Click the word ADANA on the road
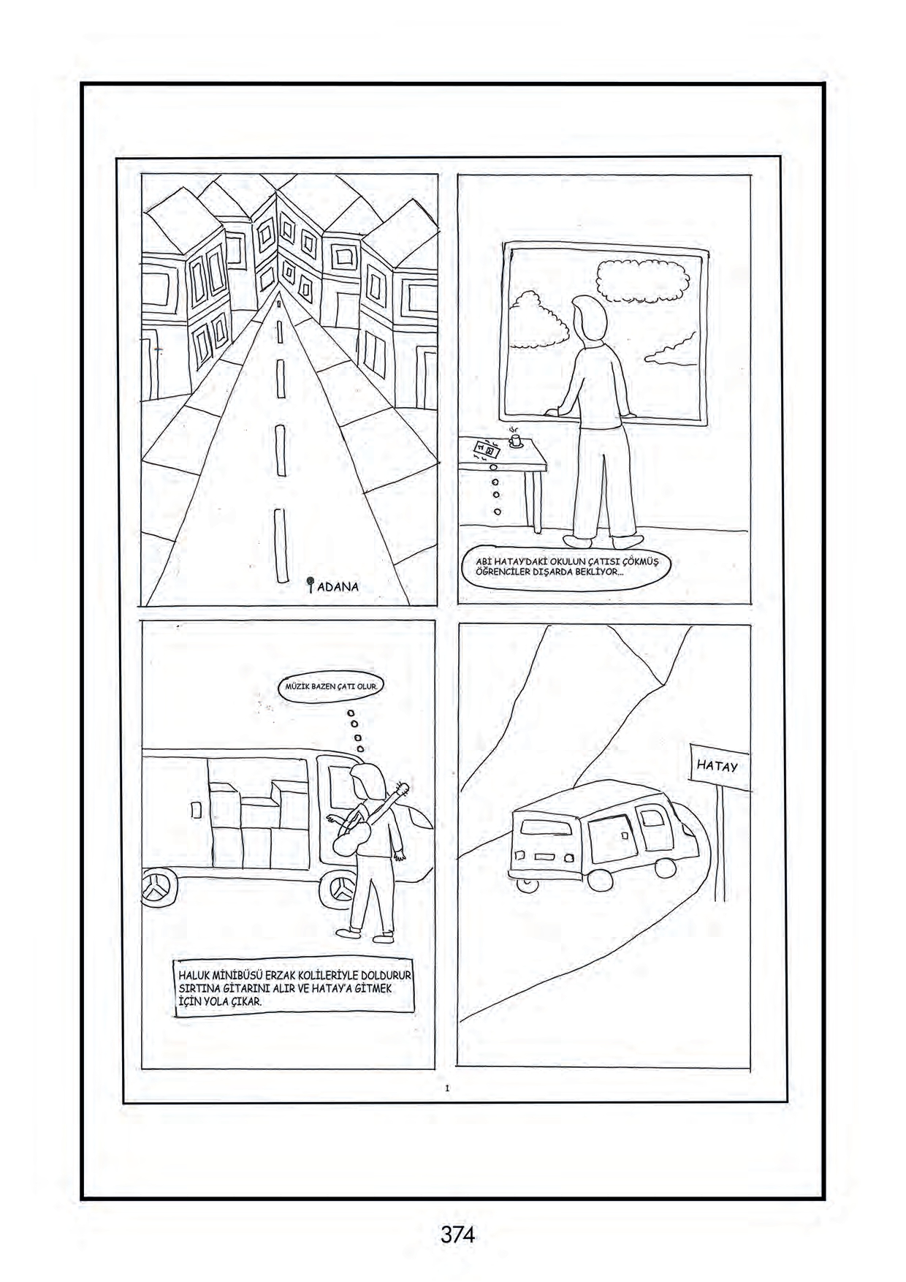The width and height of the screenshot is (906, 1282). point(338,586)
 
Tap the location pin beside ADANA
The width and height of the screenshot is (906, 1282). point(311,585)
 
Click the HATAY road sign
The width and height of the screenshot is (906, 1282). point(719,766)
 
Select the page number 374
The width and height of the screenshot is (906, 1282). point(457,1234)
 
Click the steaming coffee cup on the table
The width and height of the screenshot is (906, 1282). point(515,440)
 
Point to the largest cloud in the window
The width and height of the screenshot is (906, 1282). point(643,281)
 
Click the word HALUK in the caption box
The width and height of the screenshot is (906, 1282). point(194,975)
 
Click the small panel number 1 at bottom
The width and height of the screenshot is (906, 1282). point(446,1088)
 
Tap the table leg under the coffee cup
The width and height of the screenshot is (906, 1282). point(538,501)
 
